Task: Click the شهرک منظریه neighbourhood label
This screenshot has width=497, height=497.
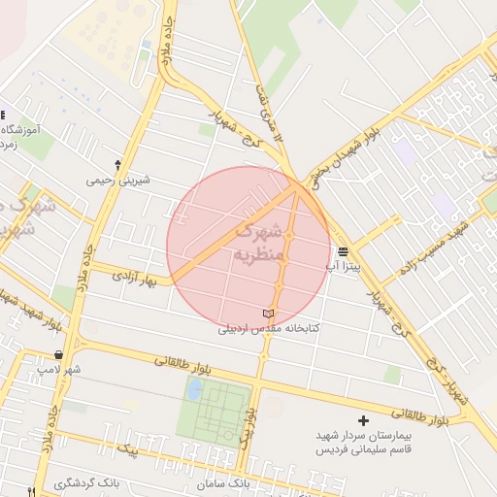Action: [257, 244]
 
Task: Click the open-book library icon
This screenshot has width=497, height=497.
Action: [269, 315]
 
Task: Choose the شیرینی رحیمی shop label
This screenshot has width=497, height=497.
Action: [117, 180]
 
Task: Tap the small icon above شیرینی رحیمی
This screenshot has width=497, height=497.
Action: [118, 165]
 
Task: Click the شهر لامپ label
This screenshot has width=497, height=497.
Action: [60, 370]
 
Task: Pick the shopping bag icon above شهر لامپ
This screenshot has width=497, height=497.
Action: [60, 355]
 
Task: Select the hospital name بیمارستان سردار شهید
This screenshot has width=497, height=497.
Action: [363, 436]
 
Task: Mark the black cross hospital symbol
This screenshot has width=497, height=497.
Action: [364, 420]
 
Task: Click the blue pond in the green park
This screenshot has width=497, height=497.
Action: [194, 390]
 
